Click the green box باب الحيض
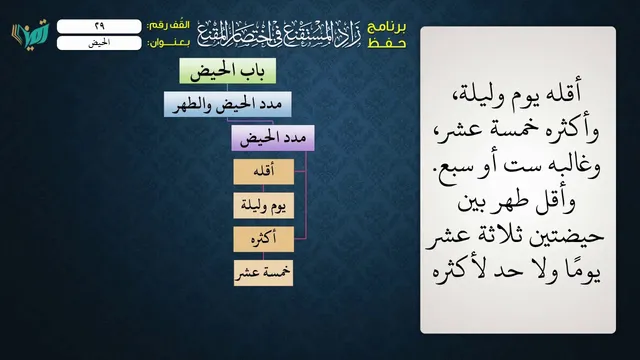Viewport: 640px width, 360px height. pyautogui.click(x=228, y=71)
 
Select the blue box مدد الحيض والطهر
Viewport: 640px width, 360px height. pyautogui.click(x=228, y=104)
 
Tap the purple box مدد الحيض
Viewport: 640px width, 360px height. pyautogui.click(x=273, y=138)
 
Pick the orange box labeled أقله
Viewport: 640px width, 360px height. pyautogui.click(x=264, y=172)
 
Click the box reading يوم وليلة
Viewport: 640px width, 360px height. pyautogui.click(x=264, y=205)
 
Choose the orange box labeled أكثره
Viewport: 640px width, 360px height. pyautogui.click(x=264, y=239)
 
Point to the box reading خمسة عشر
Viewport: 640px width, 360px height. pyautogui.click(x=264, y=273)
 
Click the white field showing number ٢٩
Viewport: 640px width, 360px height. pyautogui.click(x=99, y=26)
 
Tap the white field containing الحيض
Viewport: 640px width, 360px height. pyautogui.click(x=99, y=43)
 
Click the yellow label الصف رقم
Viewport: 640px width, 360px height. pyautogui.click(x=168, y=25)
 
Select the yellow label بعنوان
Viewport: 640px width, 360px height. pyautogui.click(x=168, y=43)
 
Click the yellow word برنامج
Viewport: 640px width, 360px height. pyautogui.click(x=387, y=27)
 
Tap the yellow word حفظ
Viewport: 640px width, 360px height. pyautogui.click(x=387, y=43)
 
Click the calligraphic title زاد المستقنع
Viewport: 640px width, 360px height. pyautogui.click(x=279, y=34)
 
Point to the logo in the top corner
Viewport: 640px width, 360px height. pyautogui.click(x=31, y=33)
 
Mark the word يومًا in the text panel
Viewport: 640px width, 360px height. pyautogui.click(x=581, y=271)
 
